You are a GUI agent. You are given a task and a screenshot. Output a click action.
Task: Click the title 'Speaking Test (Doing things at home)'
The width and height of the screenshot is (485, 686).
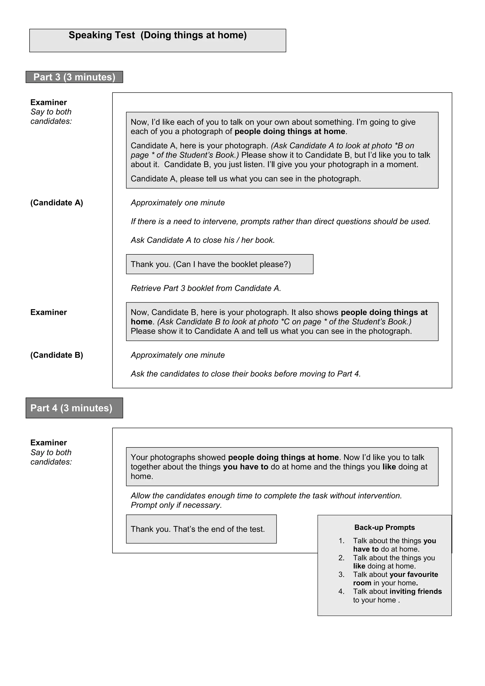[x=157, y=35]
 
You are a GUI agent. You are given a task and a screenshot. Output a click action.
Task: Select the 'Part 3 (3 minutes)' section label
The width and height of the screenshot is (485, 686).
[x=74, y=77]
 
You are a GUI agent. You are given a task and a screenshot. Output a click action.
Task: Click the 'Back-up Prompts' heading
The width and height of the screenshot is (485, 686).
[x=384, y=527]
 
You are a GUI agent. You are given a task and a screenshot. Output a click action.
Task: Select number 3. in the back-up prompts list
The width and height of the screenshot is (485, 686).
[x=341, y=575]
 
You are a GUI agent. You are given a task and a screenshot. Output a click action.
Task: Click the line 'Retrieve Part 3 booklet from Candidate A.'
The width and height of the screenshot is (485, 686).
[x=206, y=288]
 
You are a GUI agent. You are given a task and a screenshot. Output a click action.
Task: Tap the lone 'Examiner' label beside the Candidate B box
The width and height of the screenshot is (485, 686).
[x=48, y=312]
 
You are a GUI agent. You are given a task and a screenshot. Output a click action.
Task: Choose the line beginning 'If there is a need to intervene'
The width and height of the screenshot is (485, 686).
[x=280, y=221]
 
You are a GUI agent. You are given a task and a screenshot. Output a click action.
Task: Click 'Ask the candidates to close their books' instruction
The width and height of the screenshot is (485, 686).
[x=246, y=374]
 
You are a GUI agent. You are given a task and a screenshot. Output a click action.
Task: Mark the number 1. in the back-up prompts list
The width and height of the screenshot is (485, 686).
[x=341, y=541]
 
